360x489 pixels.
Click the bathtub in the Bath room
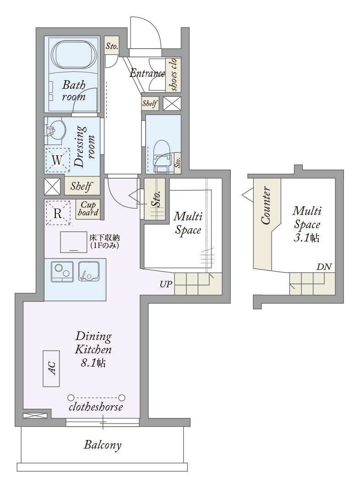click(74, 55)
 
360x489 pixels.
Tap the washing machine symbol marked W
click(57, 160)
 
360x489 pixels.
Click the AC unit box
click(51, 368)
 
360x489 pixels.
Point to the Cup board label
click(88, 209)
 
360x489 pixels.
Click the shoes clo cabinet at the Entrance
click(173, 75)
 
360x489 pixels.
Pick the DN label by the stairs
click(324, 267)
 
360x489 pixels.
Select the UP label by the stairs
click(166, 284)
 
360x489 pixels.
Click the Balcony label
click(103, 445)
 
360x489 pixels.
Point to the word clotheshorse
click(96, 407)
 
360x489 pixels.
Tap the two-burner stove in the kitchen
click(62, 272)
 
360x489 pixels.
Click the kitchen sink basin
click(89, 272)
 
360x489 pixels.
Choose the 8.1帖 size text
click(93, 363)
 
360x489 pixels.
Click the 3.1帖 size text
click(306, 238)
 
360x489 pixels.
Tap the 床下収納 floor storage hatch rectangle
click(73, 242)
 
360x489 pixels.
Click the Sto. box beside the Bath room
click(112, 46)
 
